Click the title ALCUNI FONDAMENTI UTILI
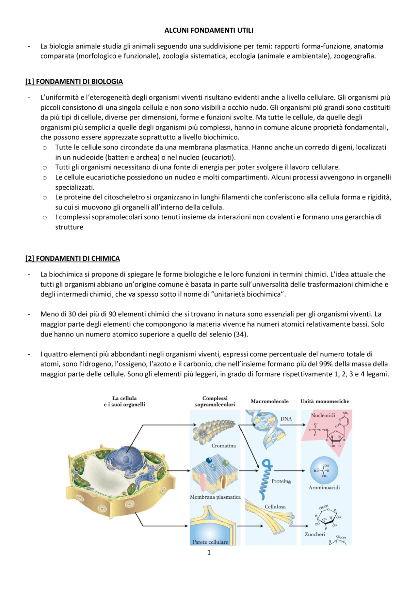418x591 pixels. (209, 30)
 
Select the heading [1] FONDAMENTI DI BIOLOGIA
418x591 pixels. (74, 82)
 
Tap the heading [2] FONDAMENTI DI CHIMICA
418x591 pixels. (72, 258)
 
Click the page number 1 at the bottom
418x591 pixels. (209, 552)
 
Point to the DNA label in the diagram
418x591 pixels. (286, 419)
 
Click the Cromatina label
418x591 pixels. (223, 446)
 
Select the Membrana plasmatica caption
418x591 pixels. (215, 497)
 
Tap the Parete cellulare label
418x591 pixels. (210, 542)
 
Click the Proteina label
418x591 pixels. (281, 481)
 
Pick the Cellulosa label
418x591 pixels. (275, 507)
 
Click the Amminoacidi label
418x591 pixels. (324, 488)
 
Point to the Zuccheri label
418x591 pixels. (315, 534)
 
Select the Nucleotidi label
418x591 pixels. (323, 415)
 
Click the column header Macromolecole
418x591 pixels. (269, 401)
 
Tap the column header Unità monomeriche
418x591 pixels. (325, 401)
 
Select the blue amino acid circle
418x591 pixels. (324, 470)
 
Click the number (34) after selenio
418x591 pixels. (241, 334)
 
